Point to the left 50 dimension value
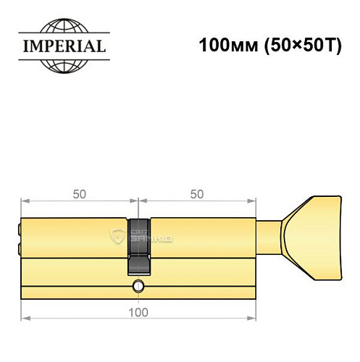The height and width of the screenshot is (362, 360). coord(80,194)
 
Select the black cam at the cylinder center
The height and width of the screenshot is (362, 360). coord(138,246)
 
